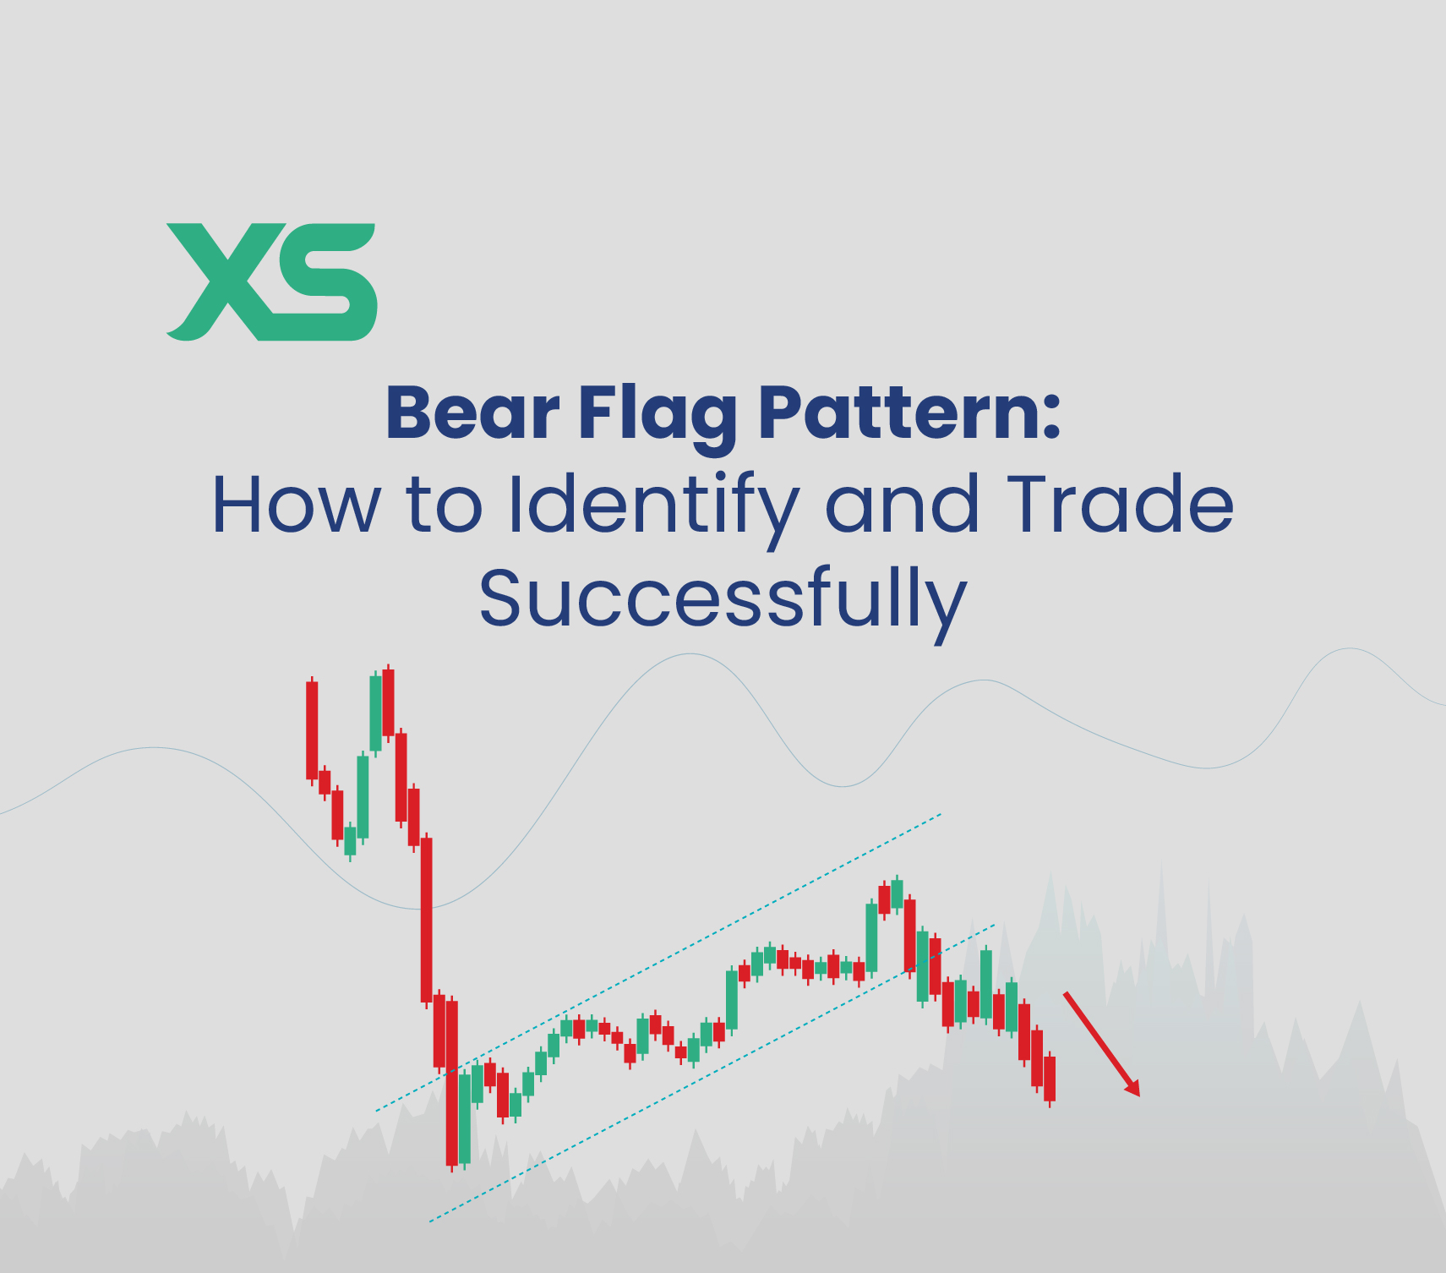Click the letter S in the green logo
325,281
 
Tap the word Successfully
723,598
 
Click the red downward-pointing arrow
1101,1043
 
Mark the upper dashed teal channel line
659,962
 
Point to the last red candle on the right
1050,1079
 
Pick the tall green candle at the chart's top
376,713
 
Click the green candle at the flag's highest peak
897,893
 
